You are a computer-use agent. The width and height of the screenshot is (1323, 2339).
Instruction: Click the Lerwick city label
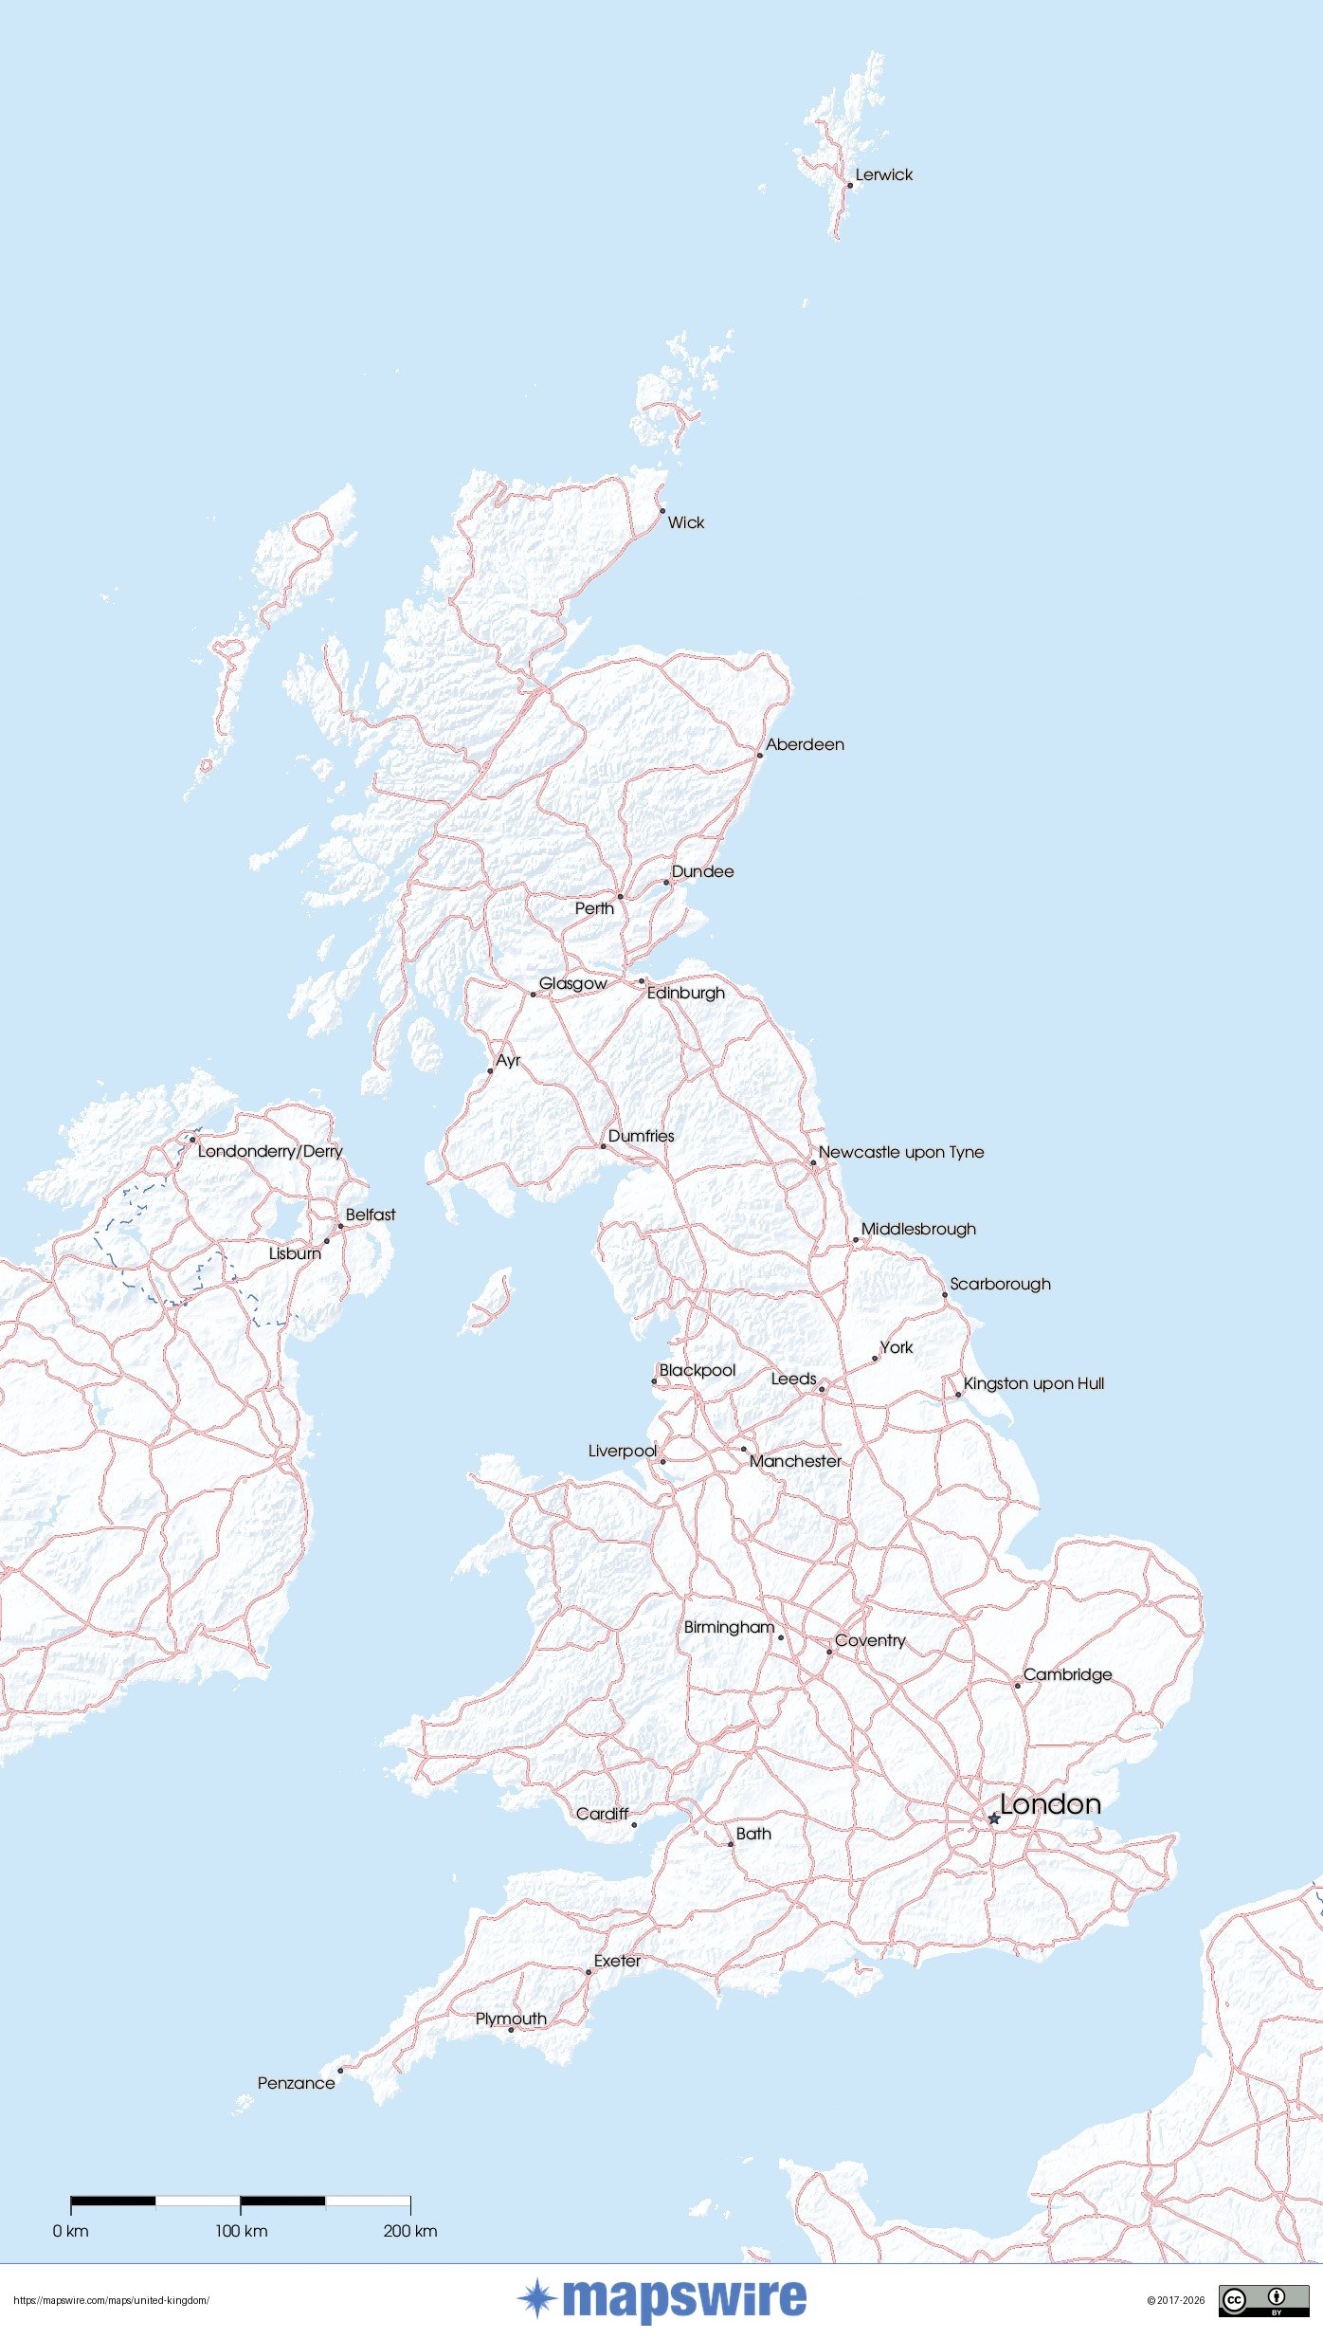click(883, 175)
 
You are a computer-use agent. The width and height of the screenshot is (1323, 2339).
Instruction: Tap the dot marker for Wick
click(662, 511)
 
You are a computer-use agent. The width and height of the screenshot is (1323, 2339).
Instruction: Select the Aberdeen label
click(805, 745)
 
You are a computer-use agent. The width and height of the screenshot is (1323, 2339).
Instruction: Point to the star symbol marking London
click(993, 1818)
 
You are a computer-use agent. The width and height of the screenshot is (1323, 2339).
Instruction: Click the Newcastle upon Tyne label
click(900, 1153)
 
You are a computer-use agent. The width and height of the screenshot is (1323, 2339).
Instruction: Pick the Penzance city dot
click(340, 2071)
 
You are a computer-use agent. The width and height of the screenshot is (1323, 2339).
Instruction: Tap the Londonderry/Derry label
click(270, 1152)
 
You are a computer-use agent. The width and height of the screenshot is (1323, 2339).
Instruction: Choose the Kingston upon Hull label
click(1033, 1384)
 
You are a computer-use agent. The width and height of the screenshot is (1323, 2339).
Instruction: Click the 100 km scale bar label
click(241, 2232)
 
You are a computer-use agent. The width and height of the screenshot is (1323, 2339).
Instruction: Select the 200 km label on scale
click(410, 2232)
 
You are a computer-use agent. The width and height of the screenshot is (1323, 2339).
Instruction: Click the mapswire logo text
click(684, 2300)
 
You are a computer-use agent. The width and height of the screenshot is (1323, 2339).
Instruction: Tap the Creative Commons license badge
click(1263, 2301)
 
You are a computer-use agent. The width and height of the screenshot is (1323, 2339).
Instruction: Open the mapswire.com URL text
click(111, 2301)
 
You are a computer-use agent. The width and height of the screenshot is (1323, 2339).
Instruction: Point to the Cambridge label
click(1067, 1675)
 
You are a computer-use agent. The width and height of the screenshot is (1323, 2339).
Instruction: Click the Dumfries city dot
click(603, 1146)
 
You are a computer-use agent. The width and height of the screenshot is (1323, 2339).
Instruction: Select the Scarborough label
click(1000, 1285)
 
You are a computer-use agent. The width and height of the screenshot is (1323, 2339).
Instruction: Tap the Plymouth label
click(511, 2019)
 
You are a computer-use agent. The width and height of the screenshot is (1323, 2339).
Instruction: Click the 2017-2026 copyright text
click(1176, 2301)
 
